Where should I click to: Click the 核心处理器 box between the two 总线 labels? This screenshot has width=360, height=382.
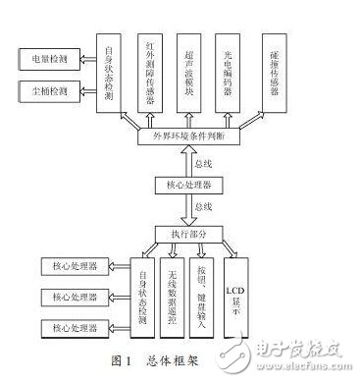pos(182,185)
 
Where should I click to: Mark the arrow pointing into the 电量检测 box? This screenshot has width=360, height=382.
pos(85,60)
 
